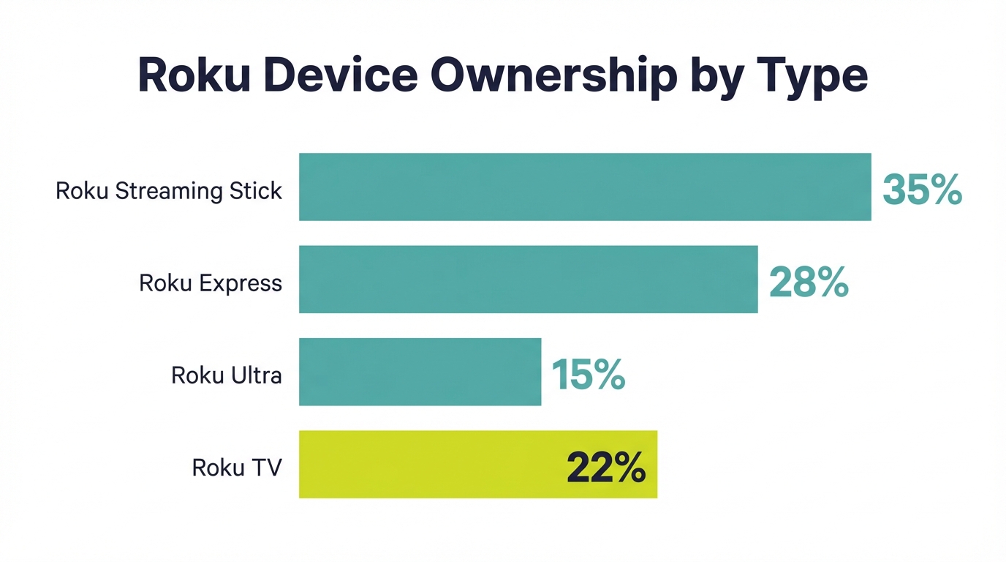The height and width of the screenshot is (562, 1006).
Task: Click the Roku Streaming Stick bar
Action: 585,187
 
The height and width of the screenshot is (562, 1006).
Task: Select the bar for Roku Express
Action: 528,280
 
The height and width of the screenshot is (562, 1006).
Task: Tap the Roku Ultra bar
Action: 420,372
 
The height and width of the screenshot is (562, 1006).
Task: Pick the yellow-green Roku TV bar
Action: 431,464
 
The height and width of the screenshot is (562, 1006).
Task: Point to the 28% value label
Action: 809,282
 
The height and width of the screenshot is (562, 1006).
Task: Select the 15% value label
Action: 588,374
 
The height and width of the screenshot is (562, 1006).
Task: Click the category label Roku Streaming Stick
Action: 169,191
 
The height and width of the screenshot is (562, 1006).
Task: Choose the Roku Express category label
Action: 211,283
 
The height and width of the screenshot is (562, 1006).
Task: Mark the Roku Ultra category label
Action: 227,375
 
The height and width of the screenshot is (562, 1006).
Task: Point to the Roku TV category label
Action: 237,468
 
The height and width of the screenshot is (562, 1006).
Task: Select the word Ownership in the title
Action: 551,76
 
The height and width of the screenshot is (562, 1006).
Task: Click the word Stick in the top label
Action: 256,191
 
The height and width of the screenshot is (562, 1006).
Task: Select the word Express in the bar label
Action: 240,284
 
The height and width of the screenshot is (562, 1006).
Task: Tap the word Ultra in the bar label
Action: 255,375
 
